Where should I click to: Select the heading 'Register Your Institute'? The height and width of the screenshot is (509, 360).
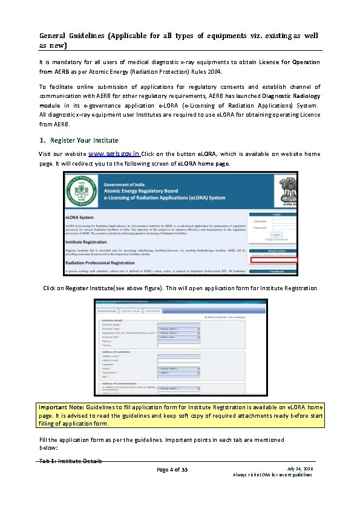84,140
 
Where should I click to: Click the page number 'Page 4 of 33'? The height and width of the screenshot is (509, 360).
172,470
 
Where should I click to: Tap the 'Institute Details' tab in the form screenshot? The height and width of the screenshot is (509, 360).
109,311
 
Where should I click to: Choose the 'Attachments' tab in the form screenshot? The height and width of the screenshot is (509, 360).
152,311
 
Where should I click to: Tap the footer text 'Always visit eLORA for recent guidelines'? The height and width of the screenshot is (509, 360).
273,475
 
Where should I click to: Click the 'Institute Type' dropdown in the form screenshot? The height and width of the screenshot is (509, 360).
178,329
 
